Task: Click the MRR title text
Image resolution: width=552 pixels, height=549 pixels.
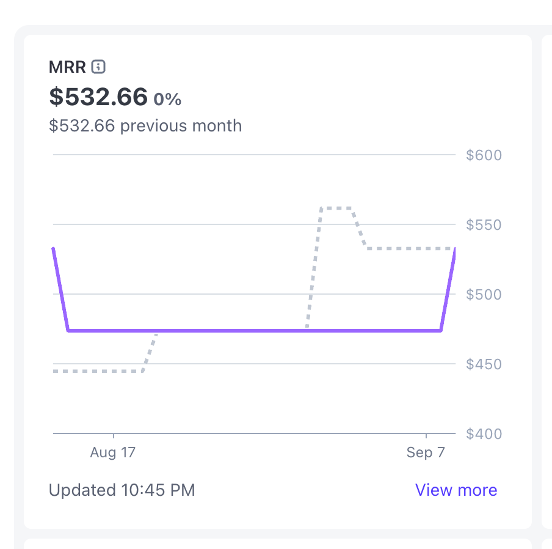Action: pos(67,67)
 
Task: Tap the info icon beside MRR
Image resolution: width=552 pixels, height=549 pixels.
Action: pos(98,66)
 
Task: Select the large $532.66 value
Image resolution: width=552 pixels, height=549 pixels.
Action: pos(98,97)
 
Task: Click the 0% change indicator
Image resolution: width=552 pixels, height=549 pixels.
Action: pos(167,99)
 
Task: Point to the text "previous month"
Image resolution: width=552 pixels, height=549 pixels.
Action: pos(181,126)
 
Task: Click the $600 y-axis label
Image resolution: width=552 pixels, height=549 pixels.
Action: pos(484,155)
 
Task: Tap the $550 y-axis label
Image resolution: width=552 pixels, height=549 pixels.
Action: pos(484,225)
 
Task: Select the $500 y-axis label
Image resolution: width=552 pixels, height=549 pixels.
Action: pos(484,295)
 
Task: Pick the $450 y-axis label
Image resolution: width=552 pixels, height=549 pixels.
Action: pos(484,364)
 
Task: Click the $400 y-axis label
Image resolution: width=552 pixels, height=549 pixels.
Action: pos(484,434)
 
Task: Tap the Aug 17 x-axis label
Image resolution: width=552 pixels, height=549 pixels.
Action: pos(113,453)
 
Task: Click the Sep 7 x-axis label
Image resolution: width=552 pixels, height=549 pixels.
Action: pos(426,453)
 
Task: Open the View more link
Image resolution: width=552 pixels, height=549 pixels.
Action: pos(456,490)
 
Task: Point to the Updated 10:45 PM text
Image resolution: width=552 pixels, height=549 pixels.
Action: pos(122,490)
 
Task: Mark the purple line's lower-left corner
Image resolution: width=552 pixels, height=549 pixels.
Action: pos(68,331)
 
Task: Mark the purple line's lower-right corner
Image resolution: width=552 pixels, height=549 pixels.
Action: pos(441,331)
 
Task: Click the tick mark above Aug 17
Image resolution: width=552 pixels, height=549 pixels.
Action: pos(114,437)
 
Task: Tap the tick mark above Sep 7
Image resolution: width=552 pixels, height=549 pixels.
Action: pos(426,437)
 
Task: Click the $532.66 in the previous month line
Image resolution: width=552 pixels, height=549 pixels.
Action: pos(82,126)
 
